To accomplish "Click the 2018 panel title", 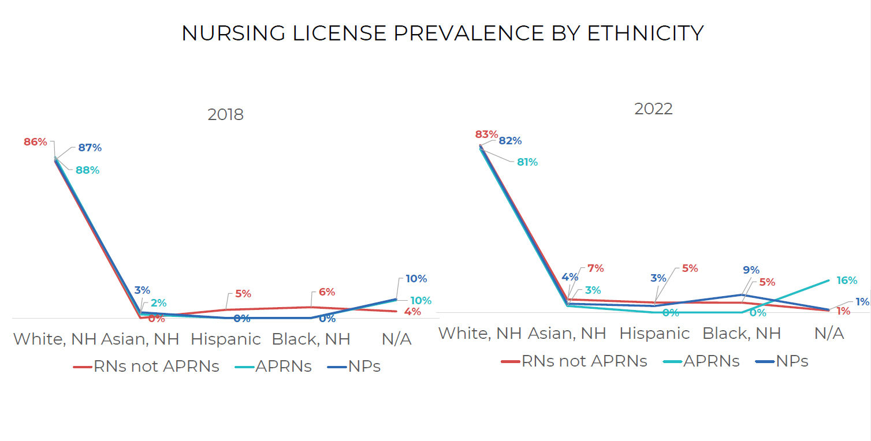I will click(226, 114).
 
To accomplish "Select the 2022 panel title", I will click(653, 109).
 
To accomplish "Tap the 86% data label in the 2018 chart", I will click(35, 141).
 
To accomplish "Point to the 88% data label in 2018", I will click(87, 170).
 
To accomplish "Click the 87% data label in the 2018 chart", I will click(90, 148).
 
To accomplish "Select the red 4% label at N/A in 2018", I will click(412, 312).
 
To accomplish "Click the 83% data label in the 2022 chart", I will click(486, 134).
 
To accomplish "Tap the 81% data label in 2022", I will click(527, 162).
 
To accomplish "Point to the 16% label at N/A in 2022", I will click(847, 281).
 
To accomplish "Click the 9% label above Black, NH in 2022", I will click(751, 270).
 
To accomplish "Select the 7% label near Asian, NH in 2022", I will click(595, 268).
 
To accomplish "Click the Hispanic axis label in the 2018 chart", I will click(226, 339).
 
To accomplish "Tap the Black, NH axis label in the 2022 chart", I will click(742, 333).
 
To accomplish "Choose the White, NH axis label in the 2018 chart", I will click(55, 339).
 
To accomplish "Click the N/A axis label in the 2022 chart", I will click(829, 333).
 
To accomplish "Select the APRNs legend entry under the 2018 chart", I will click(283, 367).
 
